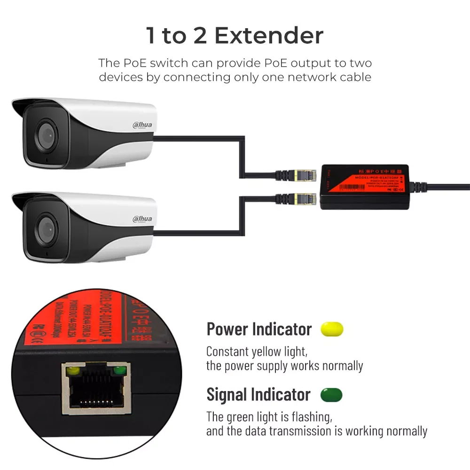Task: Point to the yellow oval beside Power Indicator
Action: click(x=332, y=329)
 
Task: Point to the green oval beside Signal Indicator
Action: click(x=331, y=395)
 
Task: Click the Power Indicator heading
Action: click(x=259, y=329)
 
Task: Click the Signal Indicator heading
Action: click(x=258, y=395)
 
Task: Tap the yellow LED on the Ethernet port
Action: click(x=72, y=371)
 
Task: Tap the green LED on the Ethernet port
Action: click(x=121, y=371)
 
